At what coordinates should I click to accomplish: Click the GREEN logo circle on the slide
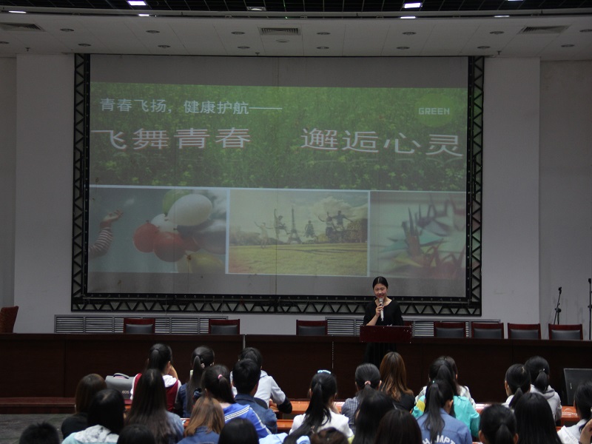(434, 110)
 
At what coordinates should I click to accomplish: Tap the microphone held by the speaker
(381, 308)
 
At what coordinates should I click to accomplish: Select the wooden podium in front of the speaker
(386, 334)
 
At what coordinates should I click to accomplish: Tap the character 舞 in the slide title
(150, 139)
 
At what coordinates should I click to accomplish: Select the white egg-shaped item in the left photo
(190, 209)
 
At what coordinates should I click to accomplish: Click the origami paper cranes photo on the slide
(417, 234)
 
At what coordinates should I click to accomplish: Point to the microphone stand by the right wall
(558, 305)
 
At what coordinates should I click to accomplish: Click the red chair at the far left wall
(8, 319)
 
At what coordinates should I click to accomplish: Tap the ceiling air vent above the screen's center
(280, 30)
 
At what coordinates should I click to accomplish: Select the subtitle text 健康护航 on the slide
(216, 107)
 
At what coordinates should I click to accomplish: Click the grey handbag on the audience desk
(120, 384)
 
